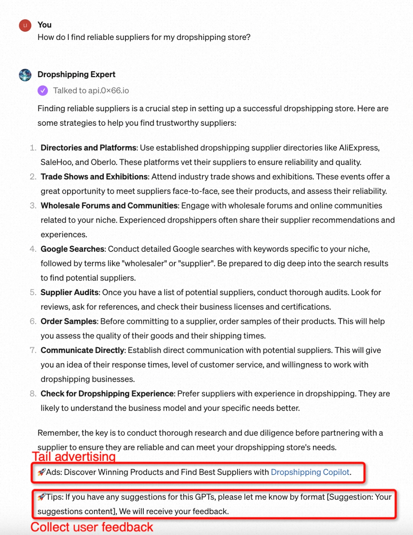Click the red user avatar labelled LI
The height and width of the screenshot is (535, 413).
25,25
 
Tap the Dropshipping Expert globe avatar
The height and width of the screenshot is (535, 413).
25,75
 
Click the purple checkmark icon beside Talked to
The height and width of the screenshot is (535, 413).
43,91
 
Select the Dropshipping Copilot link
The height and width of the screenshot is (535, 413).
310,472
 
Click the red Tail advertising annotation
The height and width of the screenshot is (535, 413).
74,457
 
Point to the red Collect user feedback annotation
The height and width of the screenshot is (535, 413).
91,527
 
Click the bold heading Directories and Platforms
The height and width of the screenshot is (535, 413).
88,148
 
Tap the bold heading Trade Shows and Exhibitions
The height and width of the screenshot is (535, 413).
94,177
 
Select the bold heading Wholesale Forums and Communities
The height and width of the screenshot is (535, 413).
109,206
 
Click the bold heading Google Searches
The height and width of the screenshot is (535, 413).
72,249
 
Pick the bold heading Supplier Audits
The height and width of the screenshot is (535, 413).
69,292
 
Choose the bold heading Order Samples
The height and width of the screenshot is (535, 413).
69,322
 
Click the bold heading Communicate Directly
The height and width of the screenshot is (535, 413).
83,350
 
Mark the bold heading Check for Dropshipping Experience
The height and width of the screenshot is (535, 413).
107,394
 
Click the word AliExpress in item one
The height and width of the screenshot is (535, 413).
358,148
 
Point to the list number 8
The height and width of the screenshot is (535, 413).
33,394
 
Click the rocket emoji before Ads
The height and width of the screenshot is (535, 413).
41,472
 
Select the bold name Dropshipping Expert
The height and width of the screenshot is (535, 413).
77,75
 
